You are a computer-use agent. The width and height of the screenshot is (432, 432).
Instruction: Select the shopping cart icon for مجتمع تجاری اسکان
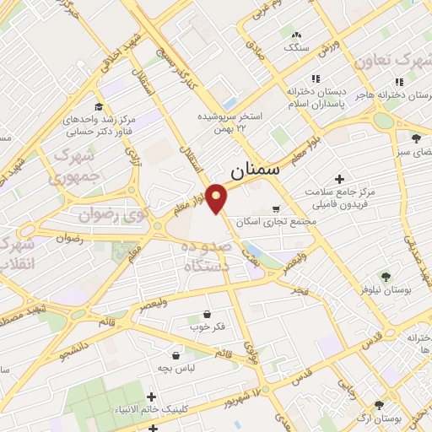point(276,208)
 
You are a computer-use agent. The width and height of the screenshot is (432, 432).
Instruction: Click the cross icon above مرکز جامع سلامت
point(339,179)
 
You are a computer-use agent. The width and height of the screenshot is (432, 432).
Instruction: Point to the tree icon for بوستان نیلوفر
point(385,277)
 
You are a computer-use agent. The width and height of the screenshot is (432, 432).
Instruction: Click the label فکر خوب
point(199,327)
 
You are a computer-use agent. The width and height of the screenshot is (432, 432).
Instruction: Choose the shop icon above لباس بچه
point(175,355)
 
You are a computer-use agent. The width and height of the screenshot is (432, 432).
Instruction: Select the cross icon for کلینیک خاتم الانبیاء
point(152,397)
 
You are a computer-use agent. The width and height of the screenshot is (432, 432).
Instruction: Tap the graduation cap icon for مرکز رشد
point(99,107)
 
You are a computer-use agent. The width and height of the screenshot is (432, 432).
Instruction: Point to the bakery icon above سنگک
point(295,35)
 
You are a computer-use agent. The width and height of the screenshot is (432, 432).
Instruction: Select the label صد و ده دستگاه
point(208,255)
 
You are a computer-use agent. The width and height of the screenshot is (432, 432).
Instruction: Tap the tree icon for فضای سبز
point(415,138)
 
